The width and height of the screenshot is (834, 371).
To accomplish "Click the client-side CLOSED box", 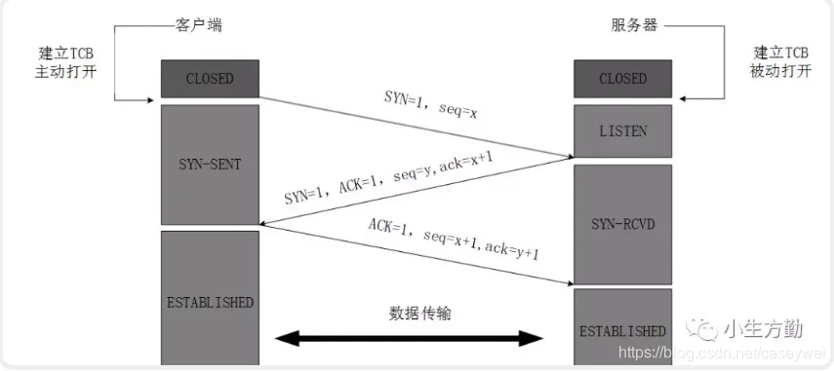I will (210, 78).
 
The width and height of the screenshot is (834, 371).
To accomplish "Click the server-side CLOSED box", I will (622, 78).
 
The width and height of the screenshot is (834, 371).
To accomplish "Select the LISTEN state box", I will (622, 131).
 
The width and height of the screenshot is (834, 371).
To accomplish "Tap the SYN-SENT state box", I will (210, 165).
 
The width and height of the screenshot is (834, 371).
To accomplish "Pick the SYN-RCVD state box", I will (622, 224).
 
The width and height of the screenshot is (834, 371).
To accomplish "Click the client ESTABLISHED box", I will (210, 302).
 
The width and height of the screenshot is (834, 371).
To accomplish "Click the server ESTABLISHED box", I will (622, 330).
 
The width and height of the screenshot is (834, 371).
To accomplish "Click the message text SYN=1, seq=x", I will (429, 105).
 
